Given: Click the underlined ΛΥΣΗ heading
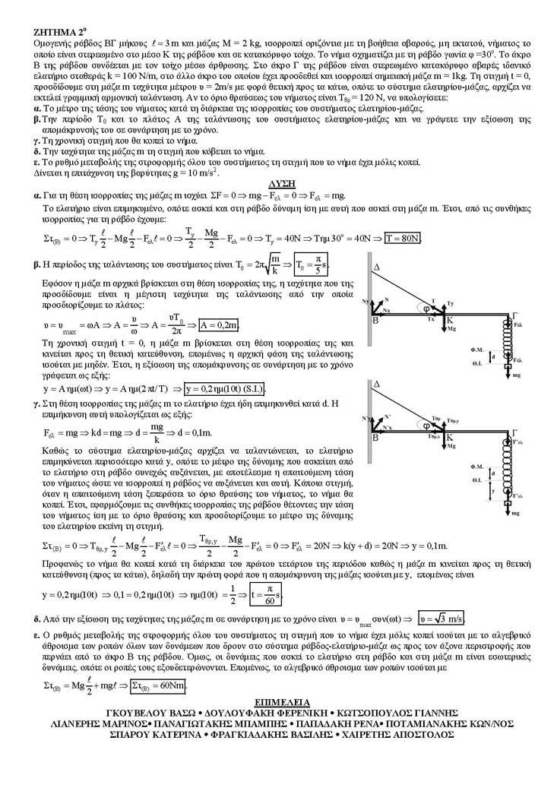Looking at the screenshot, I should [x=283, y=184].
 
